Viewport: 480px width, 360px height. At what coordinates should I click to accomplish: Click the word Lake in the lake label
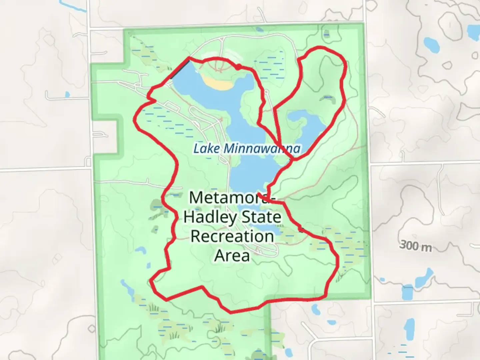206,148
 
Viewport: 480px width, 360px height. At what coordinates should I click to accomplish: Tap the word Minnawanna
262,148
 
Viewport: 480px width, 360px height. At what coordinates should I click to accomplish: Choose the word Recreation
232,236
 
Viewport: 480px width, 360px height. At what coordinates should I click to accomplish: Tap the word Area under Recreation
232,256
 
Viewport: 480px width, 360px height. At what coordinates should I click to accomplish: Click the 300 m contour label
415,246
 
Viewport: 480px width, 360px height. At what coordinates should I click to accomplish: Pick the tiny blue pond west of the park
68,95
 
